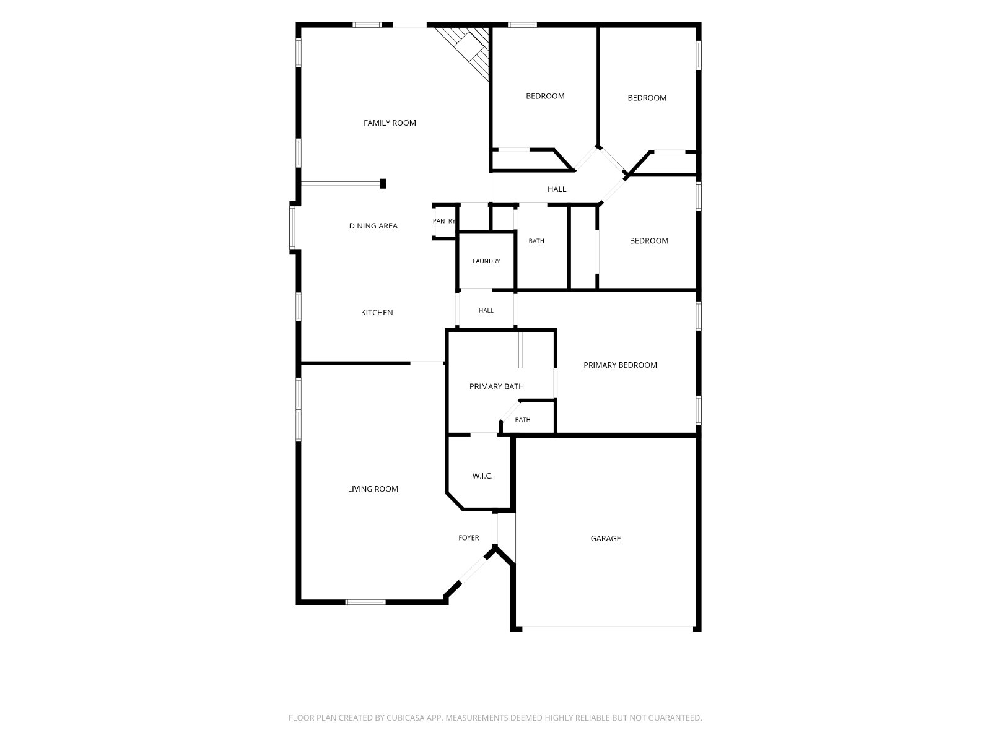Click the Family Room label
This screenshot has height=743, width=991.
390,123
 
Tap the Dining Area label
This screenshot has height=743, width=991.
373,225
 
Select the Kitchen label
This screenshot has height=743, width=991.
377,312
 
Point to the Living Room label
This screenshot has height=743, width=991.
372,489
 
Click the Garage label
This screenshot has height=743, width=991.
605,538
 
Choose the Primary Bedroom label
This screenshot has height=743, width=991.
620,365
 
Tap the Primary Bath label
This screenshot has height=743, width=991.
496,386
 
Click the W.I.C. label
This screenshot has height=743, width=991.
482,476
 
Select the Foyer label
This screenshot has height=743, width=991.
469,537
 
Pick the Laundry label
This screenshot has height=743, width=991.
486,261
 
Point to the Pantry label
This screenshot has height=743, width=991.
444,221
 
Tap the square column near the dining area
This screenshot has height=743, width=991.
383,184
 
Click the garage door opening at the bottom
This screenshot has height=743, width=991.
607,628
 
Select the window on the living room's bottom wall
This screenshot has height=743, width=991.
365,602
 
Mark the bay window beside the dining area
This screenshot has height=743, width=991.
292,228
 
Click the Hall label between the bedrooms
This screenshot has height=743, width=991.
557,189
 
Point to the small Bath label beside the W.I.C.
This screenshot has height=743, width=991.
522,420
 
